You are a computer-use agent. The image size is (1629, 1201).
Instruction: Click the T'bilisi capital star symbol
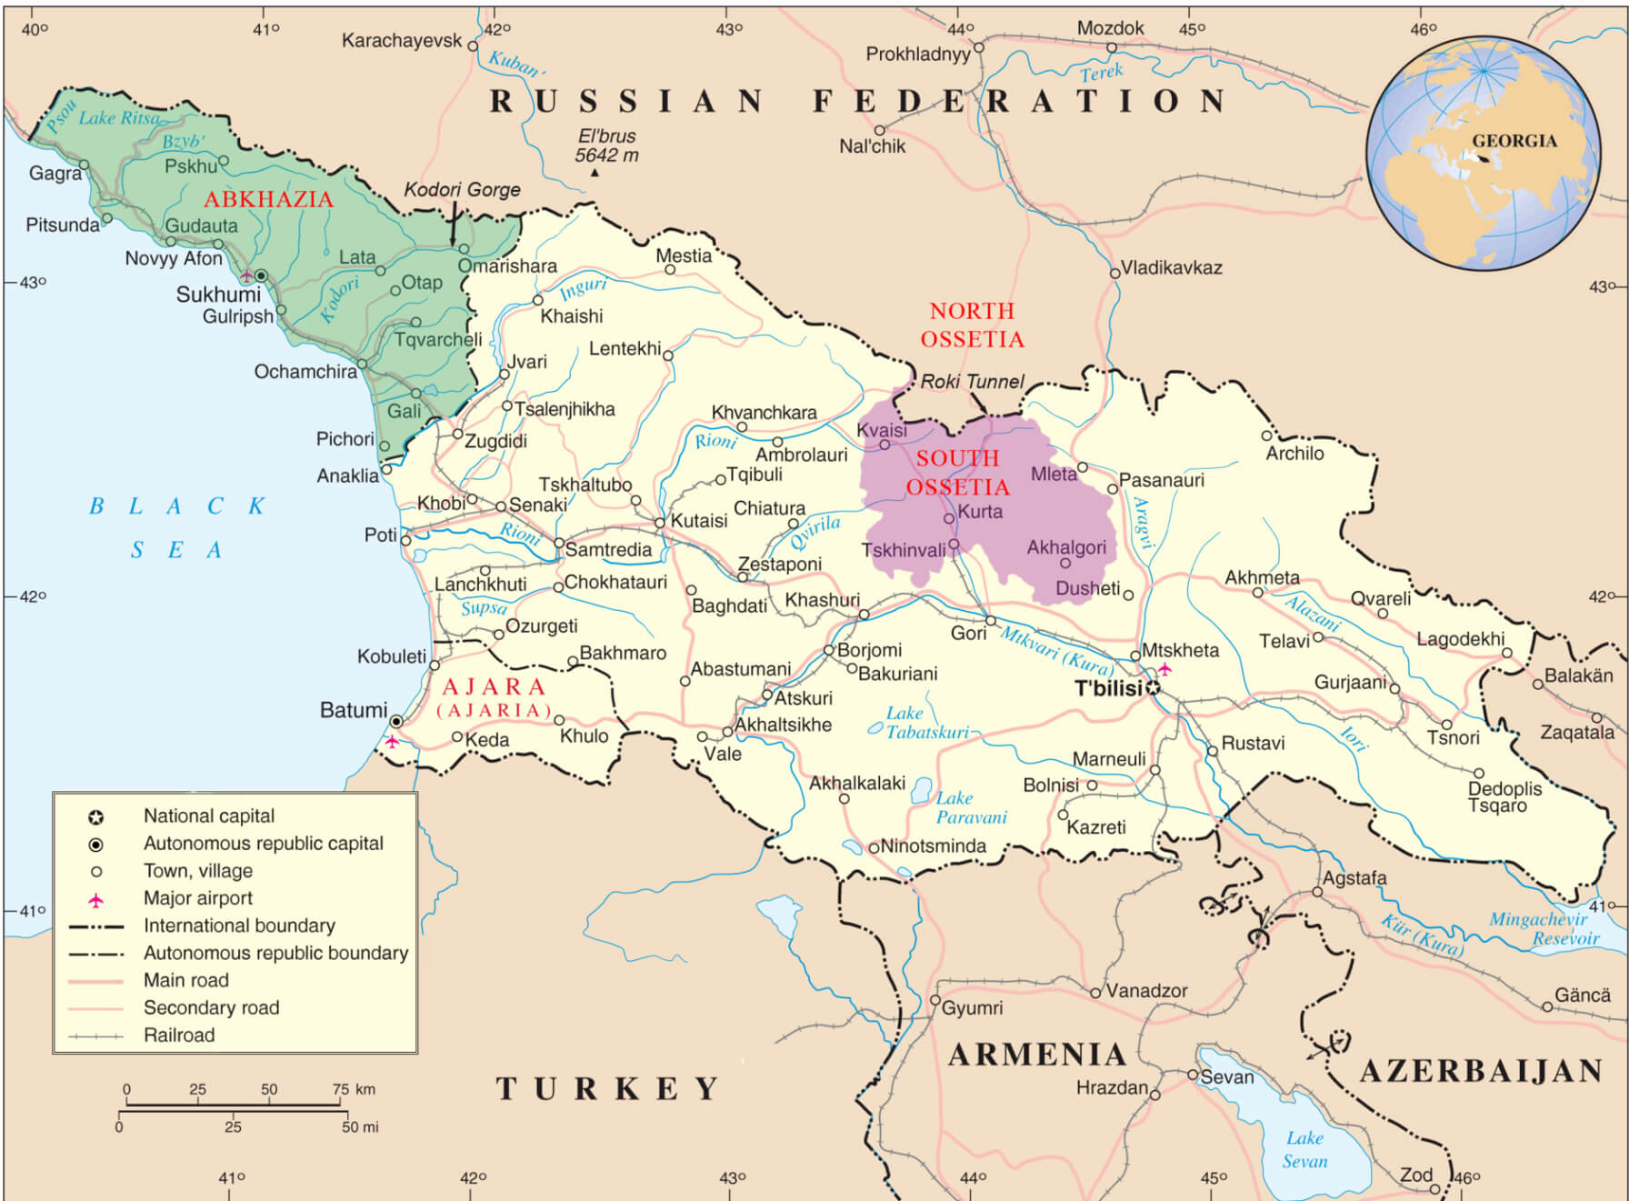point(1153,688)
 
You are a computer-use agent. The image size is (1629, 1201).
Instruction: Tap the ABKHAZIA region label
point(268,200)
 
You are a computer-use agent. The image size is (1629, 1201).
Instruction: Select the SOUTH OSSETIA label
point(958,473)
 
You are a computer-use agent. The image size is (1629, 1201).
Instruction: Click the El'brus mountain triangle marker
point(595,173)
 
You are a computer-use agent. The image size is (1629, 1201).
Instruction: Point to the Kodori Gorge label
point(462,190)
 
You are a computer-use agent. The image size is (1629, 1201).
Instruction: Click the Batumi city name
point(353,710)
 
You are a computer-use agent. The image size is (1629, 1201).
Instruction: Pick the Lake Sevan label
point(1304,1150)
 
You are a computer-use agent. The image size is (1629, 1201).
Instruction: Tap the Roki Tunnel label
point(972,382)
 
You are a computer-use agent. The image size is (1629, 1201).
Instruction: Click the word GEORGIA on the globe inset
point(1514,141)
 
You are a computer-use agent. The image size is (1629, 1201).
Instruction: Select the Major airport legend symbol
point(95,900)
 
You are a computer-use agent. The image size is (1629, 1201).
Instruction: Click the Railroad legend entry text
point(179,1036)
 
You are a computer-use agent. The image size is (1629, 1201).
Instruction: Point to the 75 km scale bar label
point(354,1089)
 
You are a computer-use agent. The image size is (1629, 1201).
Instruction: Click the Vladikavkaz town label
point(1171,268)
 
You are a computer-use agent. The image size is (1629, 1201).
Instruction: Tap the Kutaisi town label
point(699,521)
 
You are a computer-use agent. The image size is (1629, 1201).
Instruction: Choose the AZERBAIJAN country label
point(1481,1071)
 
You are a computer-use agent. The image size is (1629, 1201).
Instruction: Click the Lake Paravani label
point(971,807)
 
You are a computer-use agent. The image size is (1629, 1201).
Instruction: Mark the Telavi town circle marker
point(1317,637)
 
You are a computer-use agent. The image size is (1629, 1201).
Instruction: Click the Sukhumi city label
point(218,295)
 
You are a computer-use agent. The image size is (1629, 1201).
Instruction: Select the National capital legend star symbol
point(95,816)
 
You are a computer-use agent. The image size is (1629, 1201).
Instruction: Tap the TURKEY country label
point(607,1088)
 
